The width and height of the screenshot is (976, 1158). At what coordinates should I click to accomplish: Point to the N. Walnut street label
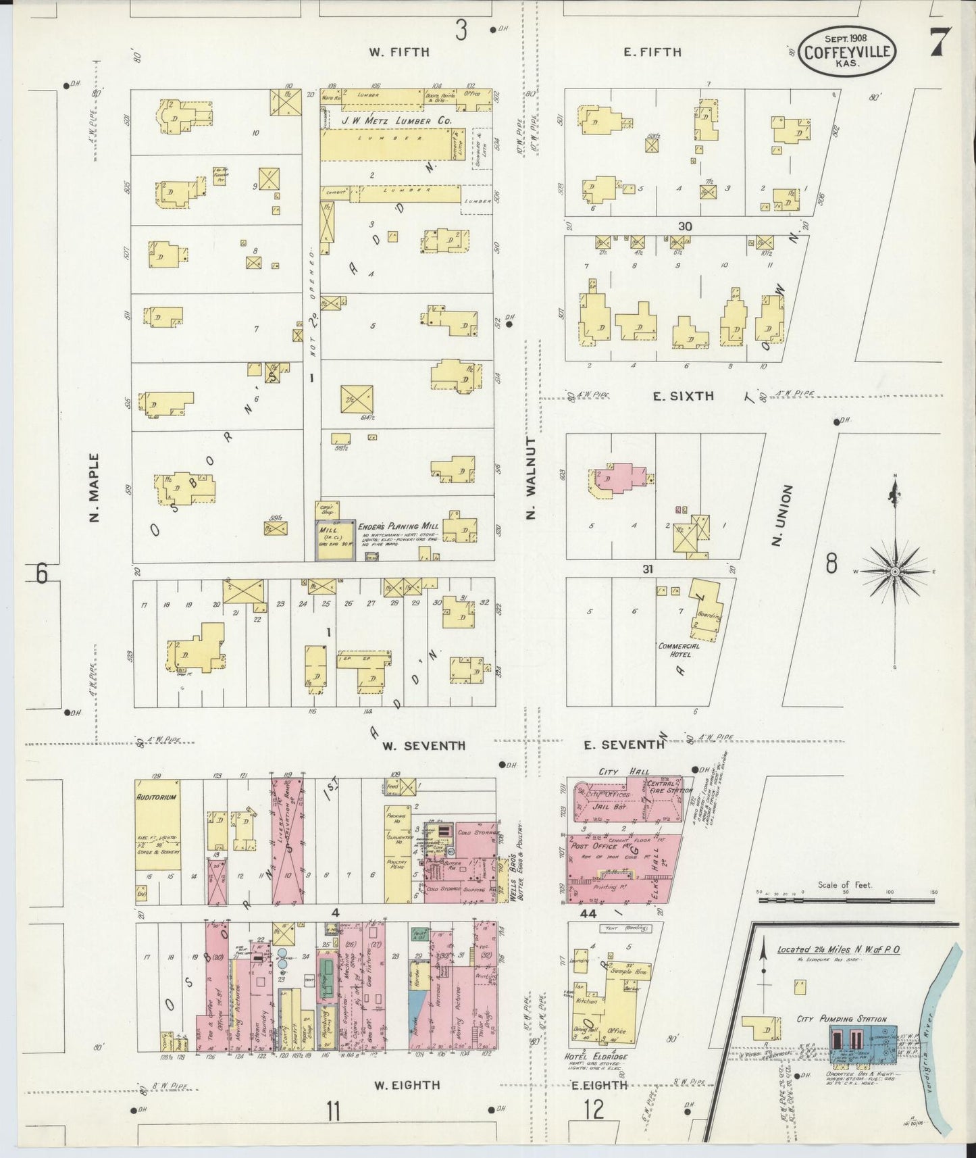click(531, 478)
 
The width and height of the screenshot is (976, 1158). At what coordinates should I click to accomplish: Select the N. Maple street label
click(94, 488)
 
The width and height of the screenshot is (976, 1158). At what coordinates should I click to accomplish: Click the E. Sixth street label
click(683, 397)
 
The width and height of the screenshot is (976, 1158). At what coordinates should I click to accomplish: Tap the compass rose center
click(895, 572)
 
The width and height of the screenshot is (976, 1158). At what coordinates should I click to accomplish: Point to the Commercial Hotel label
click(679, 649)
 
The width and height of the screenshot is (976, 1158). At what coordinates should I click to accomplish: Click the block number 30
click(685, 226)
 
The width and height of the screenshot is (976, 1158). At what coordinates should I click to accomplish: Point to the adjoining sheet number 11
click(333, 1110)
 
